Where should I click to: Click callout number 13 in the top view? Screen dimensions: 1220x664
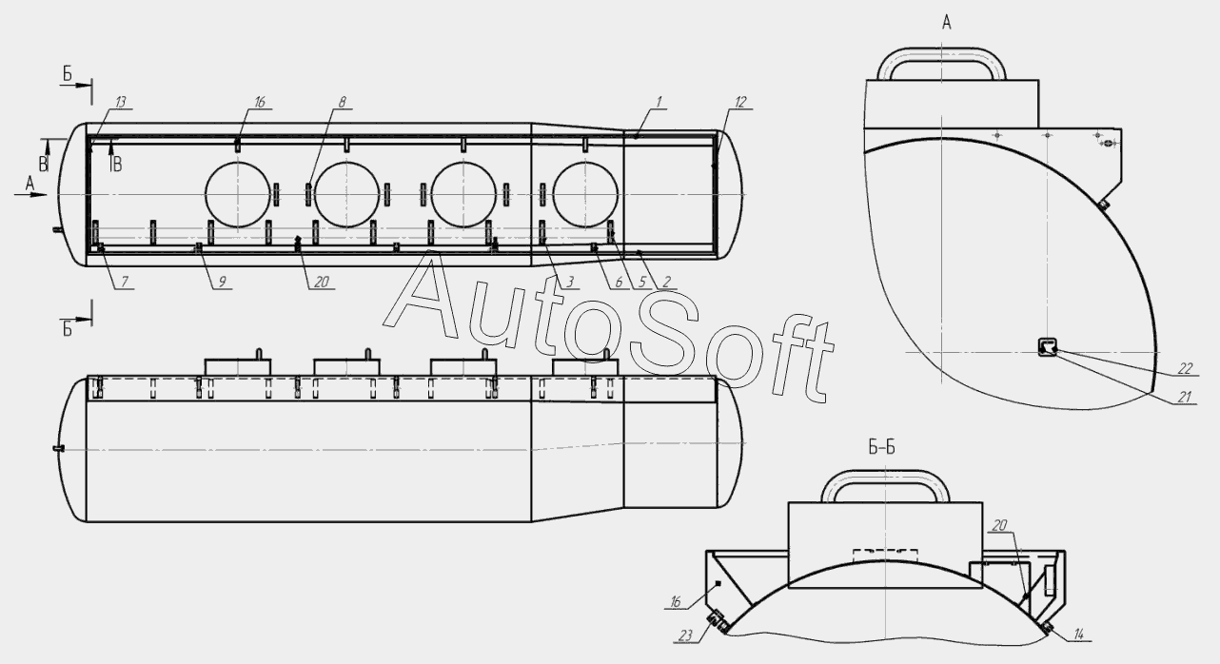121,102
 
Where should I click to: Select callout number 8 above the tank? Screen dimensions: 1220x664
342,102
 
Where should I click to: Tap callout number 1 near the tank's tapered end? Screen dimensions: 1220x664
659,102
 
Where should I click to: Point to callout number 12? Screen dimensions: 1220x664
740,102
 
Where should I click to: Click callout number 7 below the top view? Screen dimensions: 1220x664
124,282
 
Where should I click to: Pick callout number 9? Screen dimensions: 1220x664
223,282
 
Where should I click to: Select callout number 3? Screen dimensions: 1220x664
570,282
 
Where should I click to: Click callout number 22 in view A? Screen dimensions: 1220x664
1185,368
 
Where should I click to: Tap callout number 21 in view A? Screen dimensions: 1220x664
1184,398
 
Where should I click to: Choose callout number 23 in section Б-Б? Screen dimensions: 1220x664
686,635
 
